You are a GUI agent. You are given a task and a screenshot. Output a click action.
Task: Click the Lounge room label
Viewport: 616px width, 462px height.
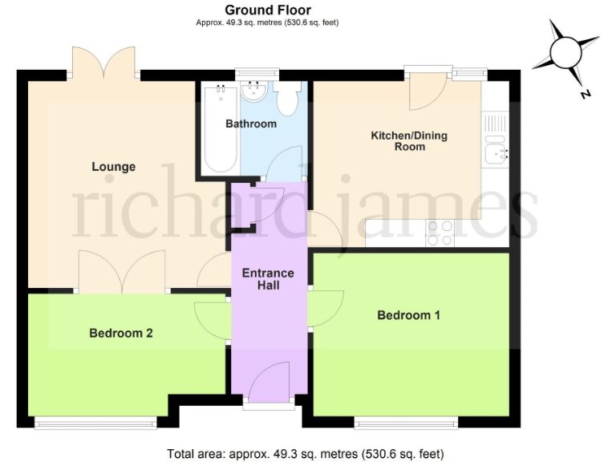pyautogui.click(x=113, y=167)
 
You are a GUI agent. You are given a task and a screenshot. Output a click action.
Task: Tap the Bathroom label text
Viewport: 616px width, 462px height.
pyautogui.click(x=250, y=124)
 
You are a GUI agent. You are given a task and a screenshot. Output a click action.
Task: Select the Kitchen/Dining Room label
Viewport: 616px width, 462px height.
pyautogui.click(x=408, y=141)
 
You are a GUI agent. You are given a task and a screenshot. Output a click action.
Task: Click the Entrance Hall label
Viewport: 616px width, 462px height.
pyautogui.click(x=268, y=278)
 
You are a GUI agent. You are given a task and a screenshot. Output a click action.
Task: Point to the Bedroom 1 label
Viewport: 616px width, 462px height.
pyautogui.click(x=408, y=315)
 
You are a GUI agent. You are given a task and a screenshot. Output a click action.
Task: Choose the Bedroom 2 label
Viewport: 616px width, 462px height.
pyautogui.click(x=121, y=333)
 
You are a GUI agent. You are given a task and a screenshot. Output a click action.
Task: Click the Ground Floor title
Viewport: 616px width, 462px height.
pyautogui.click(x=268, y=10)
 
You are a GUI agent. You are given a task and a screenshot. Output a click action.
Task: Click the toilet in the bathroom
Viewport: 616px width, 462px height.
pyautogui.click(x=286, y=99)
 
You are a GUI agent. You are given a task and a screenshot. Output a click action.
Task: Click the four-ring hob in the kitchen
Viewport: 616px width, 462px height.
pyautogui.click(x=440, y=233)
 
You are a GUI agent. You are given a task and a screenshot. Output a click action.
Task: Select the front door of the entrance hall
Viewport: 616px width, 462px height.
pyautogui.click(x=269, y=383)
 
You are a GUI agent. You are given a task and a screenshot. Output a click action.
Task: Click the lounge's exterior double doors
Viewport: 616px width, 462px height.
pyautogui.click(x=104, y=63)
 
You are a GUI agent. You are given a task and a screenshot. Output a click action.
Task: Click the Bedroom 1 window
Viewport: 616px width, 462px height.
pyautogui.click(x=407, y=421)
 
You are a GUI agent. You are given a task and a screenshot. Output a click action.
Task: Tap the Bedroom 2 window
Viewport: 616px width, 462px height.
pyautogui.click(x=97, y=421)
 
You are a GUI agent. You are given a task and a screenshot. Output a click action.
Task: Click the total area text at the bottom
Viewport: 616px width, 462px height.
pyautogui.click(x=307, y=453)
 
